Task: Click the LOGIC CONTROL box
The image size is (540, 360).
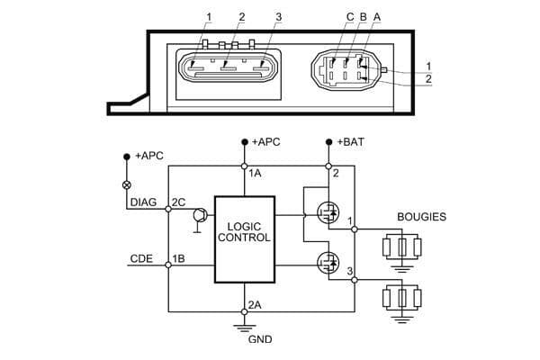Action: point(244,238)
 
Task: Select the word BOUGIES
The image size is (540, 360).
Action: point(421,217)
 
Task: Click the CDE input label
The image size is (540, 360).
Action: point(141,258)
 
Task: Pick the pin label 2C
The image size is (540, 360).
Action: point(177,202)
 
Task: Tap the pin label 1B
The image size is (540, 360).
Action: point(177,258)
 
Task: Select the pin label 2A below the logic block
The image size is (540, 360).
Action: point(256,303)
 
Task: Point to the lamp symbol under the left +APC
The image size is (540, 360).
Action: point(126,184)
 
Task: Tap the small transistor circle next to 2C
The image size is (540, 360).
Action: point(199,215)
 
